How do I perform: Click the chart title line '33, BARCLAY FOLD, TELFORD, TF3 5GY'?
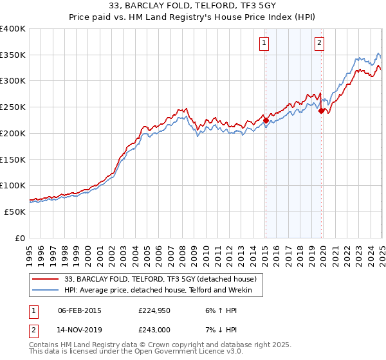pos(192,7)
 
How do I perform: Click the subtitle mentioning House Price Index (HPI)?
pos(192,18)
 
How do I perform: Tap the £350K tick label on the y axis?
pos(13,55)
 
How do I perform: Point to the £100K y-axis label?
pos(13,185)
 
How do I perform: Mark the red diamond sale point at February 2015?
pos(265,120)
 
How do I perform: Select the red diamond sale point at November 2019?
pos(321,111)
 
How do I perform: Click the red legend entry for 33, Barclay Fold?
pos(161,279)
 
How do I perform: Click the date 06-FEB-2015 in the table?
pos(80,311)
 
